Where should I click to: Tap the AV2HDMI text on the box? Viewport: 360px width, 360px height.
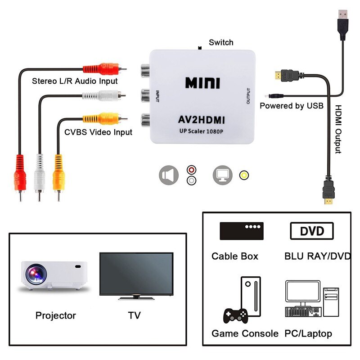pos(202,120)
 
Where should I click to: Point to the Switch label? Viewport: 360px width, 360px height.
pos(221,42)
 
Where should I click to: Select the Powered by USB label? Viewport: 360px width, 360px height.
pos(291,106)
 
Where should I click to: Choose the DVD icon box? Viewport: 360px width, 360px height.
pos(312,231)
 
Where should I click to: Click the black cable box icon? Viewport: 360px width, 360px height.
pos(241,231)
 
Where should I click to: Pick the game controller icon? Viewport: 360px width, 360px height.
pos(235,315)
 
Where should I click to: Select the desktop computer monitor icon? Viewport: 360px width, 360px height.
pos(302,292)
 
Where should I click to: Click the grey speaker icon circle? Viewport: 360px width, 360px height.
pos(169,175)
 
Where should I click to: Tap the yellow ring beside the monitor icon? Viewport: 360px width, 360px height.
pos(244,175)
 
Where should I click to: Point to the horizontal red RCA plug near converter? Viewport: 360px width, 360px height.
pos(103,69)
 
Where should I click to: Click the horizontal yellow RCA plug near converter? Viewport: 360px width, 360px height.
pos(103,119)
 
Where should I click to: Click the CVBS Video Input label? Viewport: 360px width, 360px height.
pos(98,132)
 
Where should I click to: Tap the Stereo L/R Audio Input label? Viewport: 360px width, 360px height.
pos(75,81)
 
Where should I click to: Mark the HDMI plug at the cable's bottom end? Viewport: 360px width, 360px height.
pos(329,191)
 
